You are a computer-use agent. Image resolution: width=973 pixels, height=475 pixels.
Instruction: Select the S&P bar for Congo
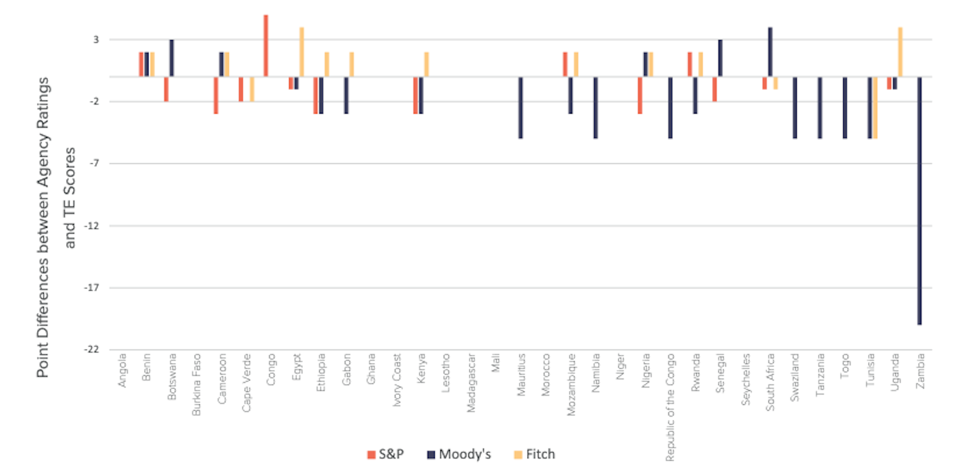[266, 46]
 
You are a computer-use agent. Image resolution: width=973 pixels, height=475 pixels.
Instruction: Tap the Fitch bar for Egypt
[302, 52]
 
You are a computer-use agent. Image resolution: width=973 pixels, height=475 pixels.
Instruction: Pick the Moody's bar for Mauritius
[520, 107]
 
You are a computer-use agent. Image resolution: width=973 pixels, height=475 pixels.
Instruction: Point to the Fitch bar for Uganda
[900, 52]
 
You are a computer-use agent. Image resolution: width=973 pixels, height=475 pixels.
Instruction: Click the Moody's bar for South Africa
[770, 52]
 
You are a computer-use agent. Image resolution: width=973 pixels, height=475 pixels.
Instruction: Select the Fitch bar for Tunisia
[875, 107]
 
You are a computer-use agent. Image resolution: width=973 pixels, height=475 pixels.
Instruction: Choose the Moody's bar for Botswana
[172, 58]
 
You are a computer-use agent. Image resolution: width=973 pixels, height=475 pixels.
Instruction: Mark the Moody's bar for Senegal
[720, 58]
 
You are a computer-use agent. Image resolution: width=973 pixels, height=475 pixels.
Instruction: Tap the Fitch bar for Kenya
[427, 64]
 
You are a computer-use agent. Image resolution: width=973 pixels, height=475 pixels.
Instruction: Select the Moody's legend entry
[459, 454]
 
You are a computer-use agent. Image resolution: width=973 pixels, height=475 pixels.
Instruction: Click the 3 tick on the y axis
[96, 40]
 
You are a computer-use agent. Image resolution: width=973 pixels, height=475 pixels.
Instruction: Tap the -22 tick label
[91, 349]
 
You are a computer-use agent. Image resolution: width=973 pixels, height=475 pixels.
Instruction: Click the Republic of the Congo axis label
[670, 407]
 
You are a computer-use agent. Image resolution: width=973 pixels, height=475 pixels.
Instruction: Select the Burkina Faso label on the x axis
[197, 384]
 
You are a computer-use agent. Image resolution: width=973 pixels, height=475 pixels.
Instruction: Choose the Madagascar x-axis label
[471, 383]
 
